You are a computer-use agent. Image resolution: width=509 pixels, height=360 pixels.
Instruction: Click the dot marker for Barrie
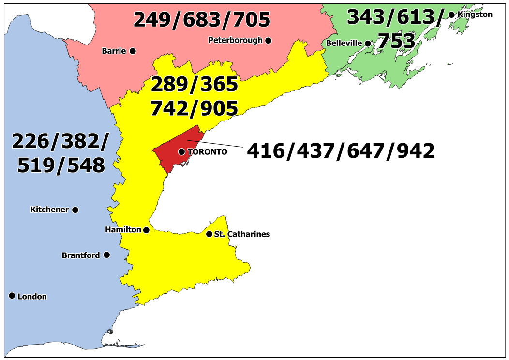pos(133,51)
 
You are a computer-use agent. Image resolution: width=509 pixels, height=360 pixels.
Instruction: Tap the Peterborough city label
pos(236,40)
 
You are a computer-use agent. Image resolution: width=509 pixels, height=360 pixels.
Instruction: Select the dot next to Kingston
pos(452,15)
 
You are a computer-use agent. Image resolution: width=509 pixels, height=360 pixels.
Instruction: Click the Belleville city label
pos(344,43)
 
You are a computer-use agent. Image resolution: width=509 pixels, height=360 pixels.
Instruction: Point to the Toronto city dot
pos(181,152)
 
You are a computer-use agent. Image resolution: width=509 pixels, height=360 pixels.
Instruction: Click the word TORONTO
pos(207,152)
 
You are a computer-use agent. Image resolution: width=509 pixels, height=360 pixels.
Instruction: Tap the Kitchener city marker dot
pos(75,210)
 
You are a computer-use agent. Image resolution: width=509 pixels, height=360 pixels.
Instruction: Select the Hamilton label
pos(123,230)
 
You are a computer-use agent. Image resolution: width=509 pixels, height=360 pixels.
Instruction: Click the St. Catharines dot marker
pos(209,234)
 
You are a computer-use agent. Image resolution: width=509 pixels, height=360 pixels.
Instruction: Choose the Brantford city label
pos(81,255)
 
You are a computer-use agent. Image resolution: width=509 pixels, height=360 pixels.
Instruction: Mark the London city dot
pos(12,296)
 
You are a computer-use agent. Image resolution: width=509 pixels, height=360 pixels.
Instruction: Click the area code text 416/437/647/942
pos(341,151)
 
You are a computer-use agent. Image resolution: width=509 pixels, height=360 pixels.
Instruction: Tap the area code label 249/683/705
pos(202,20)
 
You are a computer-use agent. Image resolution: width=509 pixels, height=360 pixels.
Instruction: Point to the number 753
pos(396,42)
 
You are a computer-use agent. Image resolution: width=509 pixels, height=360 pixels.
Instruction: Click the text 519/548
pos(61,165)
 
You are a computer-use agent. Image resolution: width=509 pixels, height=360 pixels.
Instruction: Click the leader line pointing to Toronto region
pos(218,144)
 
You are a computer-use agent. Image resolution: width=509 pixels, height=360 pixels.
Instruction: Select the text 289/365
pos(194,85)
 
